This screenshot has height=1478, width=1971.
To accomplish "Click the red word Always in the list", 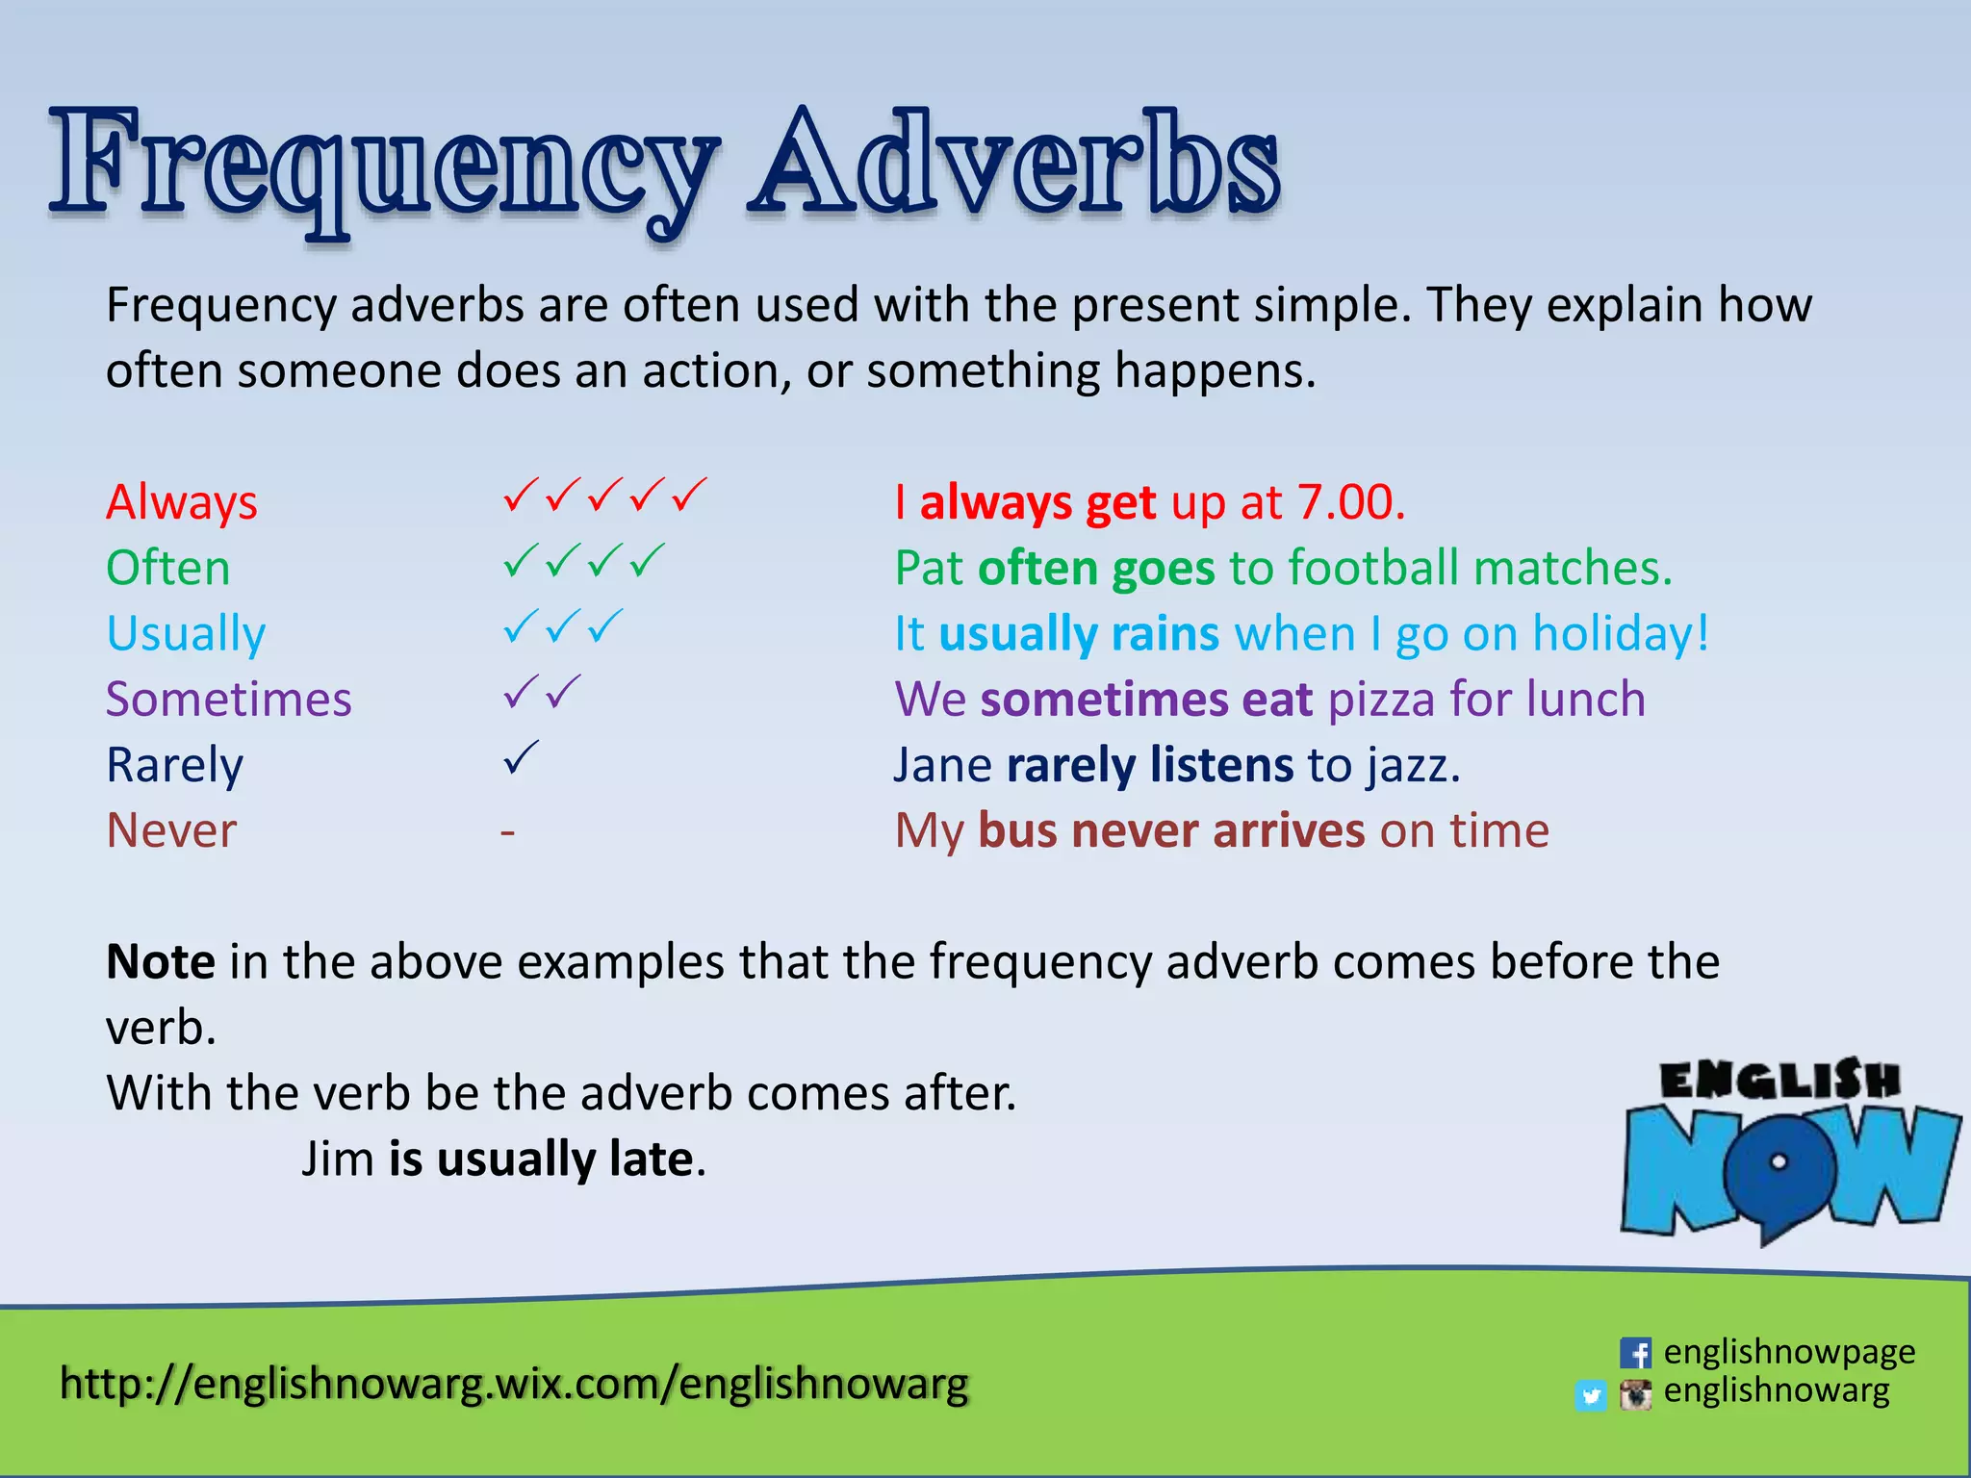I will (x=182, y=503).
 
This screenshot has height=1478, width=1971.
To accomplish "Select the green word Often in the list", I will (x=168, y=569).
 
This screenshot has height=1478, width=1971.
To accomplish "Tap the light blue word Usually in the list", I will (x=186, y=635).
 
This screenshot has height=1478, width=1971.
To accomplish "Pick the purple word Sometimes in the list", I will (x=229, y=700).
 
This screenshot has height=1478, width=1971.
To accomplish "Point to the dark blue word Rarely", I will (x=174, y=766).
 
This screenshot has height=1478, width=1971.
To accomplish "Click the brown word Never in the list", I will (x=171, y=830).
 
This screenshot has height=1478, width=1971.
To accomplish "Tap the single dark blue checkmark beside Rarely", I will (x=521, y=759).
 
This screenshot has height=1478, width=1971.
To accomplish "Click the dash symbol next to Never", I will (x=508, y=831).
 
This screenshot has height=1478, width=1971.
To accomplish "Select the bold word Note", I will (x=161, y=961).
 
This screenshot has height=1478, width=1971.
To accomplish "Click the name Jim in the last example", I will (x=338, y=1159).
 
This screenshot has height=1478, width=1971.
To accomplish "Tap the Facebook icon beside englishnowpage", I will (x=1635, y=1353).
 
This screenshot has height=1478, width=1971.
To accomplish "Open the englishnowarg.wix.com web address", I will (x=514, y=1385).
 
